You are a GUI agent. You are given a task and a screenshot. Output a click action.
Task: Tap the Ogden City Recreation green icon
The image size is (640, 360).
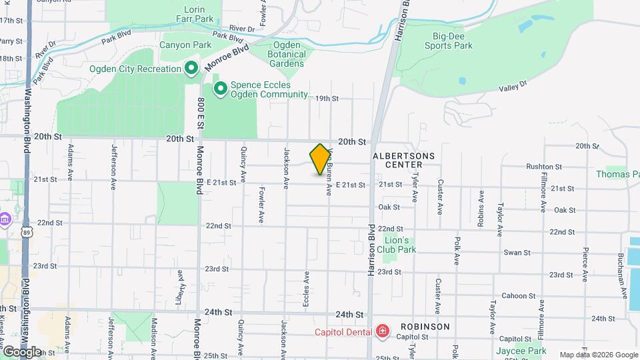coord(191,68)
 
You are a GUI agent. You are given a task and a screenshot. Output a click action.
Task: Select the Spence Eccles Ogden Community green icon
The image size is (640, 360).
coord(219,88)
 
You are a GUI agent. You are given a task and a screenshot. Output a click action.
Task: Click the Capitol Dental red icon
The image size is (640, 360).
coord(382,330)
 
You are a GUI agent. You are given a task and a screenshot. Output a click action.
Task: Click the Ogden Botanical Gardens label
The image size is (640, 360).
coord(287,54)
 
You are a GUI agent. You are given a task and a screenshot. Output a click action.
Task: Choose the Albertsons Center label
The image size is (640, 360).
coord(404,160)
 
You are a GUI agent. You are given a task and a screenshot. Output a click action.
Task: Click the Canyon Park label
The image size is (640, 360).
coord(185,45)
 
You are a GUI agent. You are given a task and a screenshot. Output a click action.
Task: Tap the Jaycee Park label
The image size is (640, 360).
coord(521,351)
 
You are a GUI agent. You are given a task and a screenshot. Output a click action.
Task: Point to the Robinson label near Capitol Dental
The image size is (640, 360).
coord(425,327)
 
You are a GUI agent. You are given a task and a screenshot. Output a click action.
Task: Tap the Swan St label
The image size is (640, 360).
coord(517,253)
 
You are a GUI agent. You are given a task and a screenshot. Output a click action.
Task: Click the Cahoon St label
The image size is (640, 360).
coord(515,296)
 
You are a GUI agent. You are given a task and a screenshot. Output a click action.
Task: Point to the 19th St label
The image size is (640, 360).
coord(327,98)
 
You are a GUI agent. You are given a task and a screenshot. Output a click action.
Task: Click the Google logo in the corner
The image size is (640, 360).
coord(22,351)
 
